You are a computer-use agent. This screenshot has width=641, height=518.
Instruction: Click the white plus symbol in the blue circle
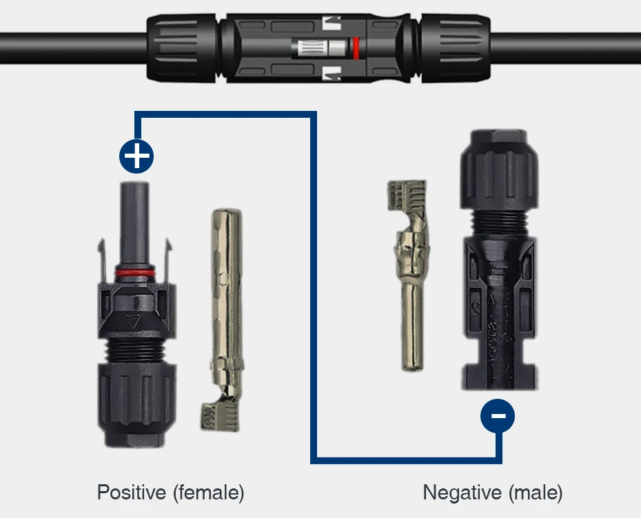(x=136, y=156)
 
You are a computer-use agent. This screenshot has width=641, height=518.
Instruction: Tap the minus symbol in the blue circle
(x=498, y=416)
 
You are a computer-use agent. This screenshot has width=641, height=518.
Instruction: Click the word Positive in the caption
(x=132, y=492)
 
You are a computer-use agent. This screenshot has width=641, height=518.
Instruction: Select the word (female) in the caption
(x=208, y=493)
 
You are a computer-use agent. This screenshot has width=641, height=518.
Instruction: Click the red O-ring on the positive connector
(x=135, y=273)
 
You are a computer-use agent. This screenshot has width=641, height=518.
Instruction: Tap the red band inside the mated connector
(x=356, y=48)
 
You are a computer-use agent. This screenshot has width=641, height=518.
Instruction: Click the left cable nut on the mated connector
(x=182, y=48)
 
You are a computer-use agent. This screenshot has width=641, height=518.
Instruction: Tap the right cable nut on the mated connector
(x=456, y=48)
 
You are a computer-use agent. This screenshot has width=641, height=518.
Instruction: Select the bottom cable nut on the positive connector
(x=136, y=404)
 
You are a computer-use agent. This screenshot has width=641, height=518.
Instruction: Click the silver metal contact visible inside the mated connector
(x=321, y=48)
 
